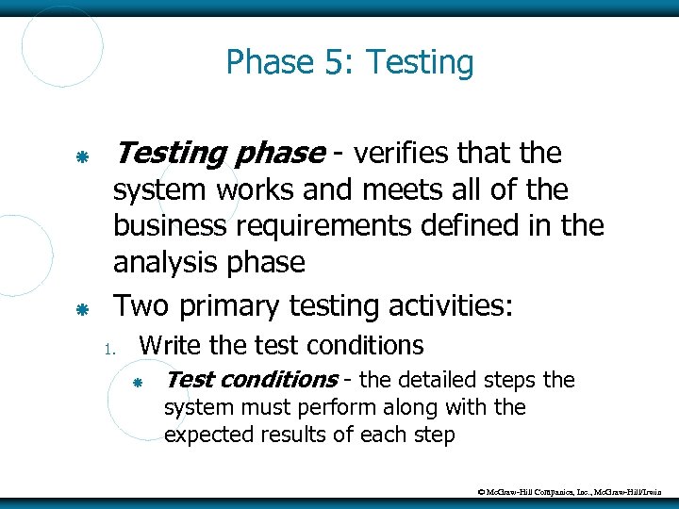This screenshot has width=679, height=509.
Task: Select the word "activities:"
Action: coord(443,306)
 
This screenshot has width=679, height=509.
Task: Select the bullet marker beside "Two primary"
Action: coord(82,309)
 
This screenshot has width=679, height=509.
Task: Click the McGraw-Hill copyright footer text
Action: coord(571,491)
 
